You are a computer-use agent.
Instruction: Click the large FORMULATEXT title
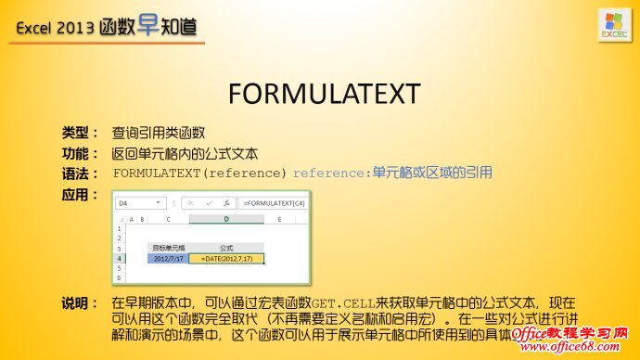point(324,93)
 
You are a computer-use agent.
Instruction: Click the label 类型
point(80,133)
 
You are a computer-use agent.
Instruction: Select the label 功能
point(80,153)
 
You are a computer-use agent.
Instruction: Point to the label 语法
point(80,174)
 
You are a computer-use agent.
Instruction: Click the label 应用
point(80,195)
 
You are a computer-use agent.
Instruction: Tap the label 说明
point(80,304)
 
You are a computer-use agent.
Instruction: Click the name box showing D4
point(138,202)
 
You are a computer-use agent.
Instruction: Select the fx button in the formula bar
point(224,202)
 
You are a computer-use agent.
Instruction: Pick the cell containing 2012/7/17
point(169,259)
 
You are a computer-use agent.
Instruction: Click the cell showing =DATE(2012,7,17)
point(225,259)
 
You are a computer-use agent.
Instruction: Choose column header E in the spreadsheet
point(279,220)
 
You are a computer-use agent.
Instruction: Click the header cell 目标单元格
point(169,249)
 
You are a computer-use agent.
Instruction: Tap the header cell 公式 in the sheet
point(225,249)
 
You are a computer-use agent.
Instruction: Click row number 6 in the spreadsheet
point(119,277)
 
